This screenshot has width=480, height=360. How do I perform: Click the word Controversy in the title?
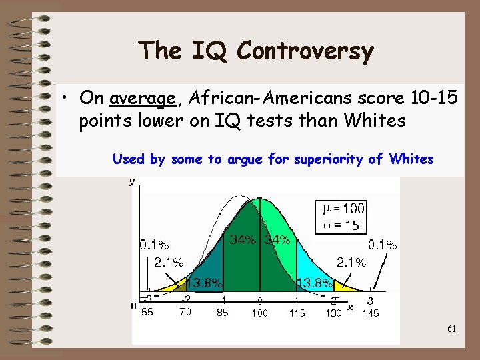point(305,51)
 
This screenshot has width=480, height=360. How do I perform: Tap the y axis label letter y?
point(131,181)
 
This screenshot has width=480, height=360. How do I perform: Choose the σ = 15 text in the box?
point(341,225)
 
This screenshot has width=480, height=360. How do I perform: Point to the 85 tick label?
point(223,312)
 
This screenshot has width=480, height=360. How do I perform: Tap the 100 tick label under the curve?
point(260,313)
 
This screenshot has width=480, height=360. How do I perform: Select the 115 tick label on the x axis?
point(297,312)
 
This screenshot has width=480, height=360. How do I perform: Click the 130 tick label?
point(333,313)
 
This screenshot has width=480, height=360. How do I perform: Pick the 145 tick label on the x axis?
point(371,313)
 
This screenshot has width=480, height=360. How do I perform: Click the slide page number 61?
point(451,329)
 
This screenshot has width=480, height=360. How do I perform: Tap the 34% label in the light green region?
point(277,239)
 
